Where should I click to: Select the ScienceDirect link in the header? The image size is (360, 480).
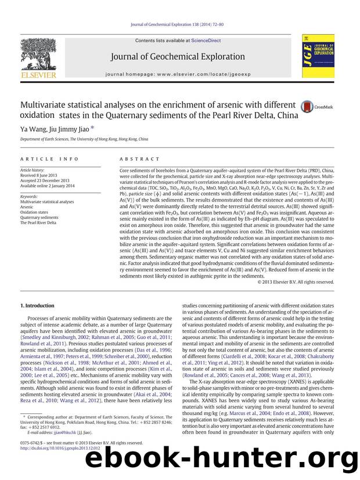coord(207,40)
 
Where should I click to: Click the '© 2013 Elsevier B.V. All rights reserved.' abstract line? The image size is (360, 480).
coord(296,282)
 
